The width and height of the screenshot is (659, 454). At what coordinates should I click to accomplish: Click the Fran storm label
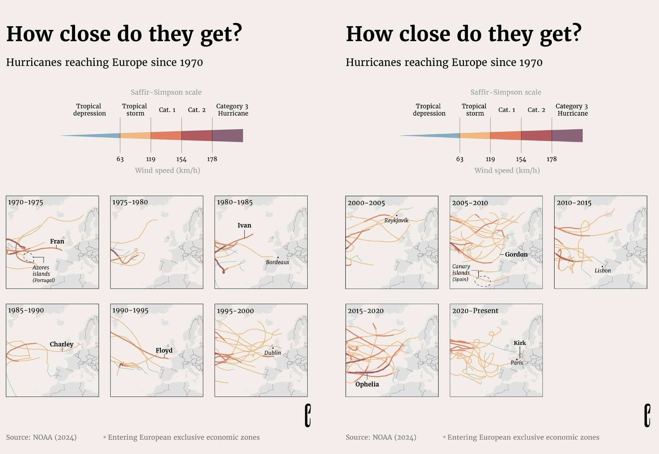tap(57, 241)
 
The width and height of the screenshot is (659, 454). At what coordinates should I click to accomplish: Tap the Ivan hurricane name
tap(244, 225)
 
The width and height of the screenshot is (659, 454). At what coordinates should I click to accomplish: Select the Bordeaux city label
tap(277, 262)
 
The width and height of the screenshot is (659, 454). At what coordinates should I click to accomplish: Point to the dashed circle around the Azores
tap(29, 257)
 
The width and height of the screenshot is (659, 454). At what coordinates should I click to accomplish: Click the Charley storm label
tap(61, 344)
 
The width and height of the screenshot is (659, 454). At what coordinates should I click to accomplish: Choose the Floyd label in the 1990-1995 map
tap(164, 350)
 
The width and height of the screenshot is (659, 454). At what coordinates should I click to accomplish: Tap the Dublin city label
tap(272, 353)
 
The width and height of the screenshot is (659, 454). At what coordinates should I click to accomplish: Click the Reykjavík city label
tap(396, 220)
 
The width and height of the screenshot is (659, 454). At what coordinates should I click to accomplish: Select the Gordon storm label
tap(516, 254)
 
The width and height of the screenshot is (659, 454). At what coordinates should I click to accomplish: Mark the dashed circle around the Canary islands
tap(483, 281)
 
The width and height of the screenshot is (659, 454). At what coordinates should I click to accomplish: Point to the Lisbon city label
tap(603, 271)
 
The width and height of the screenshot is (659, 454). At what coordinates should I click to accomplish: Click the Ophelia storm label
tap(367, 384)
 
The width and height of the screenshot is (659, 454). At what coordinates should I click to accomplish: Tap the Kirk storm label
tap(520, 343)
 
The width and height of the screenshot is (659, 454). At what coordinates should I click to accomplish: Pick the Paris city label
tap(517, 363)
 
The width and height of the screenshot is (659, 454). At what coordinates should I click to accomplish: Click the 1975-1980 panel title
tap(130, 202)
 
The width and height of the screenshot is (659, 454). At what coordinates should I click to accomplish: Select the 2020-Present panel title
tap(475, 311)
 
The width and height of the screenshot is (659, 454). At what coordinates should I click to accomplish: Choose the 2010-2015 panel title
tap(574, 203)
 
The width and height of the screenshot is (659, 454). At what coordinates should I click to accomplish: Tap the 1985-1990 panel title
tap(26, 310)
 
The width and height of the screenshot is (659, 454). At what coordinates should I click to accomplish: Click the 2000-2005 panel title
tap(366, 203)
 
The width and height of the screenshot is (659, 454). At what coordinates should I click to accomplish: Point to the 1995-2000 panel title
tap(235, 311)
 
